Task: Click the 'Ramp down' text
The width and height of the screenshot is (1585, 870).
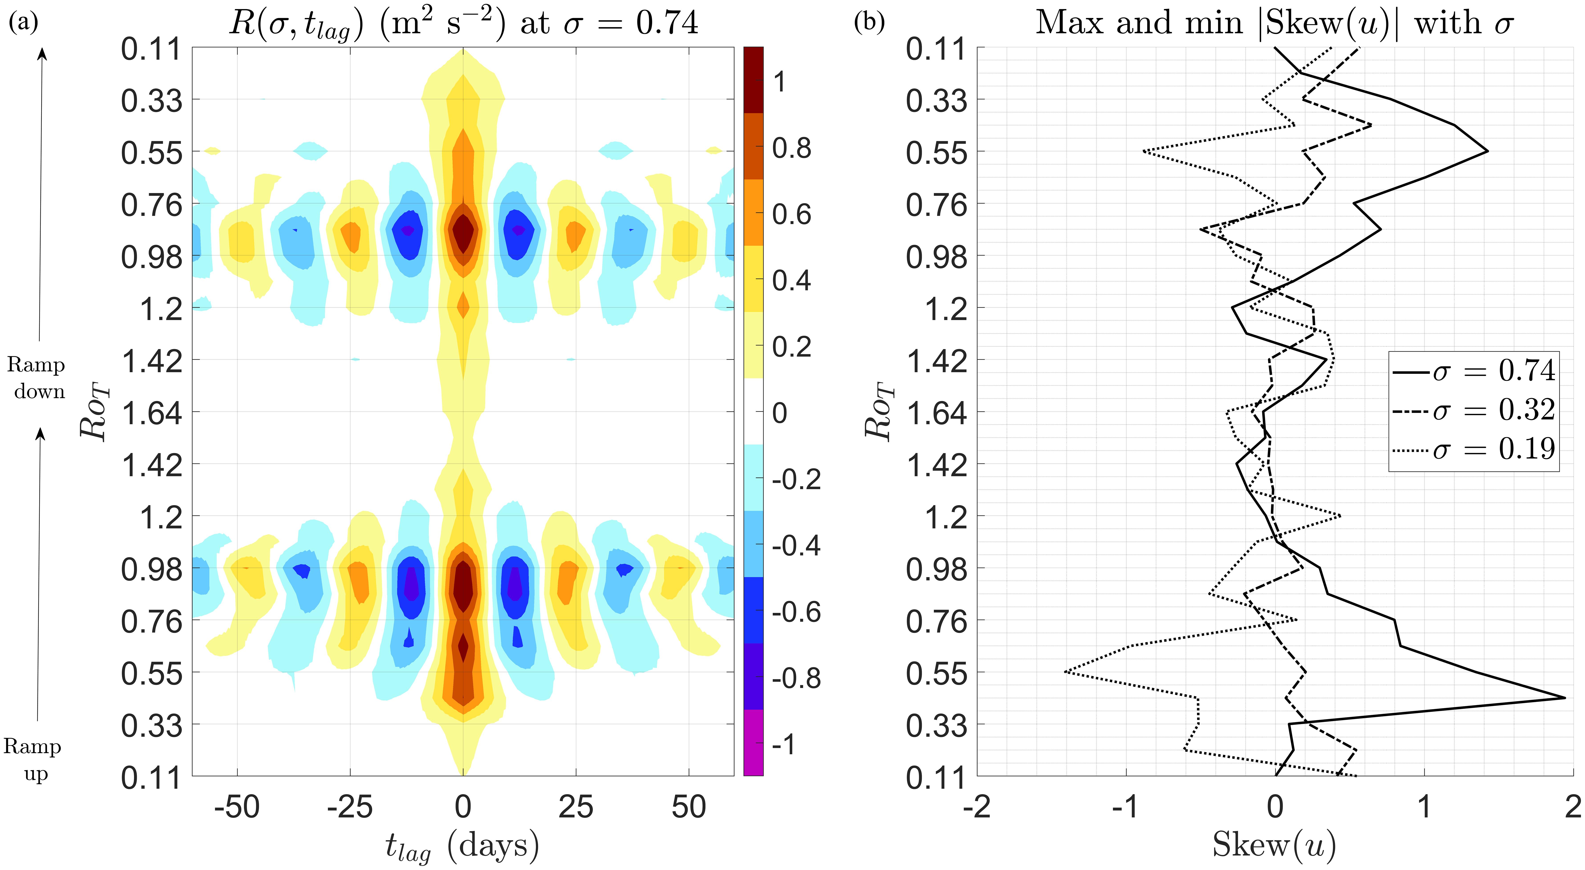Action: [37, 378]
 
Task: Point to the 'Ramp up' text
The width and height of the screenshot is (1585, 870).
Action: [33, 759]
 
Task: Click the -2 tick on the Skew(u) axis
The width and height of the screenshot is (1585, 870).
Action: [977, 807]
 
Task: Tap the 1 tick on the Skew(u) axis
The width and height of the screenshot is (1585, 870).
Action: [1424, 807]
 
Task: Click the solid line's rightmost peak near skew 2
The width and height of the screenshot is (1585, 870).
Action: [1564, 698]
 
